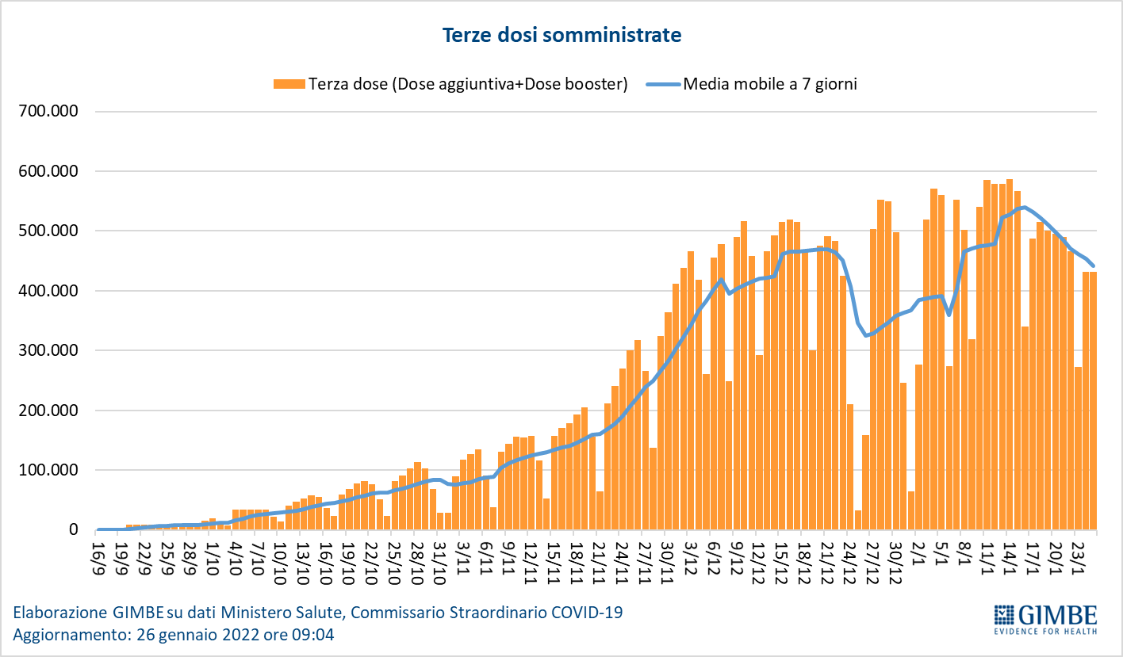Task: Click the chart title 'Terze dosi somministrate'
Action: click(561, 36)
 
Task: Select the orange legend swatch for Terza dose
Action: click(289, 84)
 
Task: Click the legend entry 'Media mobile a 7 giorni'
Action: click(769, 84)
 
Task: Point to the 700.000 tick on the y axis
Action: click(48, 112)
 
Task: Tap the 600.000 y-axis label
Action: click(48, 171)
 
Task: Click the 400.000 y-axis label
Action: click(48, 291)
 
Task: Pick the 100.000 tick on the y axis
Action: click(48, 470)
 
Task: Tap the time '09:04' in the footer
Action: click(314, 635)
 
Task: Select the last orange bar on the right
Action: click(1093, 400)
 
